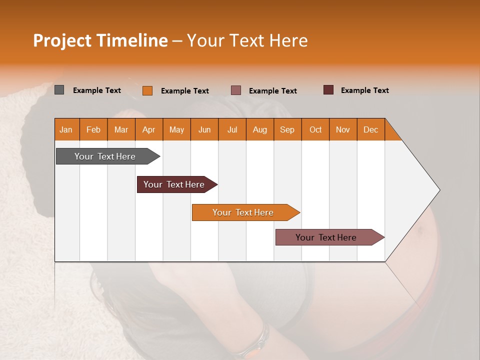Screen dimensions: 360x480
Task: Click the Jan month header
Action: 66,129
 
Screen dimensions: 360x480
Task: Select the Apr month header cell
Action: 149,129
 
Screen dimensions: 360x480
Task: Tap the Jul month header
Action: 232,129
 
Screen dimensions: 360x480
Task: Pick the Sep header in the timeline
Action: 287,129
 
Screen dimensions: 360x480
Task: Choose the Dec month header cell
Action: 370,129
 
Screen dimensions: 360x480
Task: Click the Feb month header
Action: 93,129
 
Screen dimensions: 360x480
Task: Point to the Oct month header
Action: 315,129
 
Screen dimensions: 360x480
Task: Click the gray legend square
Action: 59,90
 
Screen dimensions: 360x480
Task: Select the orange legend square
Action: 147,90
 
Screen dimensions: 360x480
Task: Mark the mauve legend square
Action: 236,90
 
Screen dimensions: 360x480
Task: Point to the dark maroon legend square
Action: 328,90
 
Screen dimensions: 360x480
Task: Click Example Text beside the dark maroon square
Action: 364,90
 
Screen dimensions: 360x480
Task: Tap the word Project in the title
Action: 62,40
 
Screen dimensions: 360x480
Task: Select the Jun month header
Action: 204,129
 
